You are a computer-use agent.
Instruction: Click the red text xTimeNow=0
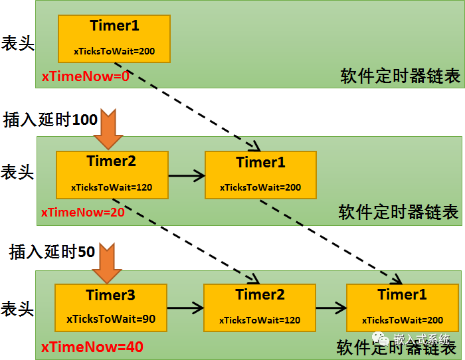click(86, 76)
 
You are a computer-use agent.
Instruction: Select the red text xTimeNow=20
click(83, 213)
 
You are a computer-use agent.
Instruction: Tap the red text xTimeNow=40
click(92, 347)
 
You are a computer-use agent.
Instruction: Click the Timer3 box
click(111, 308)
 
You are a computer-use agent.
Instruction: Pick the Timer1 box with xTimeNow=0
click(114, 39)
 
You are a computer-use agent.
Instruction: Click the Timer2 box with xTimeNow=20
click(112, 175)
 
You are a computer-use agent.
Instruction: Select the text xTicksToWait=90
click(111, 319)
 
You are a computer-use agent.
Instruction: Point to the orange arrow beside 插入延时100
click(108, 129)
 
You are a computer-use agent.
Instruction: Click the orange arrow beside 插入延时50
click(107, 263)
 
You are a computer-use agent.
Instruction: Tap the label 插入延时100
click(50, 120)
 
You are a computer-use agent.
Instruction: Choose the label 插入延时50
click(52, 252)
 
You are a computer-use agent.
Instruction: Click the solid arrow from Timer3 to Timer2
click(185, 308)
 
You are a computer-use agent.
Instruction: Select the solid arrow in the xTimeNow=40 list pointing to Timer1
click(331, 308)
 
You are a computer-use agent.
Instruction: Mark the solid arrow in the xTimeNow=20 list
click(187, 175)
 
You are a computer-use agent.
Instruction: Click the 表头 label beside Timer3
click(17, 308)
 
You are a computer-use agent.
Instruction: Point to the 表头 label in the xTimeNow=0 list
click(18, 43)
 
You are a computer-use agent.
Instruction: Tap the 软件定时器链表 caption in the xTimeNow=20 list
click(399, 212)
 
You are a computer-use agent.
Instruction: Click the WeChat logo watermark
click(381, 338)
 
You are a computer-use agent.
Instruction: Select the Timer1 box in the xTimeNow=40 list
click(403, 308)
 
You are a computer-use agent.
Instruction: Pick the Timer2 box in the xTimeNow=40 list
click(260, 308)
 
